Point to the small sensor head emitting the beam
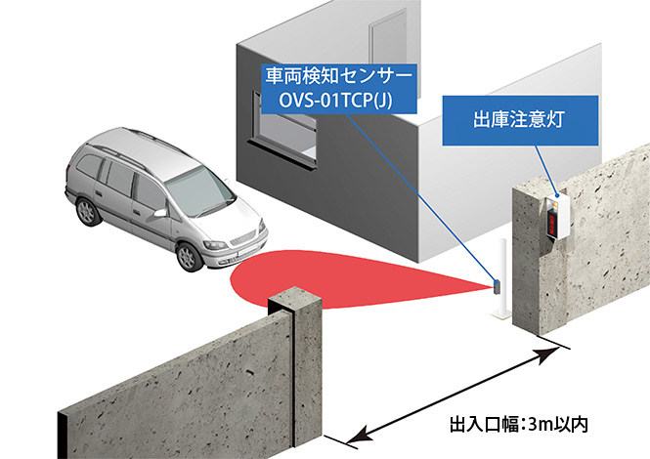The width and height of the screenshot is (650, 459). tap(496, 285)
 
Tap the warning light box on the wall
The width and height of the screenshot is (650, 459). tap(554, 220)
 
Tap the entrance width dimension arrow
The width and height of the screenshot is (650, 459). tap(440, 396)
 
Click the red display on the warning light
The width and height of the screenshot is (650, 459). tap(553, 224)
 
